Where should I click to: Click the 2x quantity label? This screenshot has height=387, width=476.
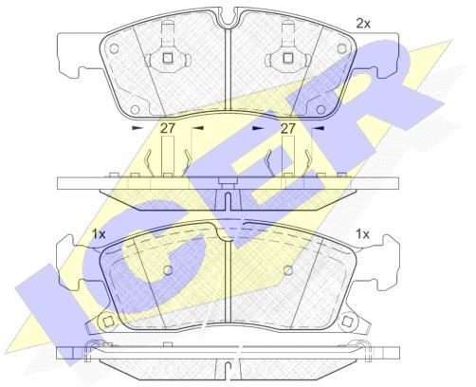pos(363,24)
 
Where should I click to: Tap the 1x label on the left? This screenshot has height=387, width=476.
pos(99,234)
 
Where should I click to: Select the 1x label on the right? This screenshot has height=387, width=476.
pos(362,234)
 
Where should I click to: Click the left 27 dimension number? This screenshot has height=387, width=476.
pos(167,128)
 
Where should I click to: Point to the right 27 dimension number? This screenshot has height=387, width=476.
pos(288,128)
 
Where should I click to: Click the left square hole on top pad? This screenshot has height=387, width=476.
pos(167,58)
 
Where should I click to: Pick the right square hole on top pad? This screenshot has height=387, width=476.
pos(287,58)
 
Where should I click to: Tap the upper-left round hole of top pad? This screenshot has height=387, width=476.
pos(115,48)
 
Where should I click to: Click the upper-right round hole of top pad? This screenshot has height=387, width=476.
pos(341,48)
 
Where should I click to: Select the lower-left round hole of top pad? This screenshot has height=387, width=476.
pos(135,110)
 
